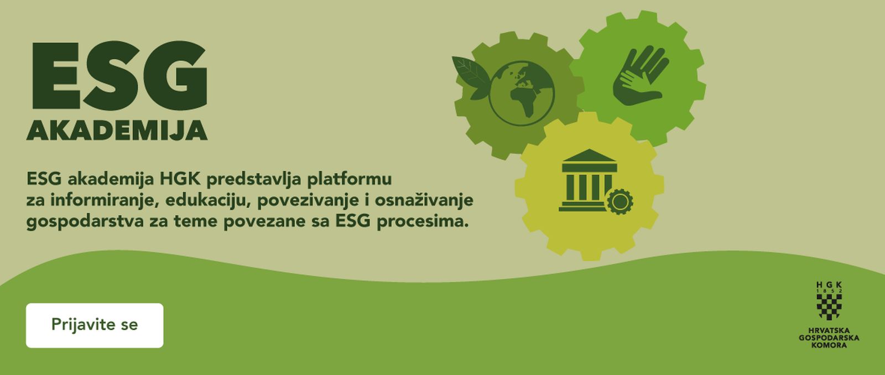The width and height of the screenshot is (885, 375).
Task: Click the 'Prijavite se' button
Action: (x=95, y=325)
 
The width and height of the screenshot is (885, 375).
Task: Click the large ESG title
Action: (x=119, y=75)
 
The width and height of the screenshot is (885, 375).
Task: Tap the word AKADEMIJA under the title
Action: (x=117, y=130)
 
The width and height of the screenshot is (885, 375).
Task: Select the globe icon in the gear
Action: (x=522, y=93)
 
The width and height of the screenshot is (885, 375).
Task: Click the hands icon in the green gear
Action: (x=639, y=75)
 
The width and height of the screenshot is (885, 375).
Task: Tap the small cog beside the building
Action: (x=619, y=201)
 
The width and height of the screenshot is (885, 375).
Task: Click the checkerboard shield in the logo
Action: (x=829, y=306)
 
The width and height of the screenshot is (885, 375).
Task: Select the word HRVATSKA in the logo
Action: (x=829, y=330)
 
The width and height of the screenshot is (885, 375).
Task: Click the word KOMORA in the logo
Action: (x=829, y=345)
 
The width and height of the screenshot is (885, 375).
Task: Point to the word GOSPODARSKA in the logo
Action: (x=829, y=338)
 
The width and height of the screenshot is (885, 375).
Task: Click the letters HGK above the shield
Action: (x=829, y=284)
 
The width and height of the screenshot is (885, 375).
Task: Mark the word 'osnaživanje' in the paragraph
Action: (x=424, y=200)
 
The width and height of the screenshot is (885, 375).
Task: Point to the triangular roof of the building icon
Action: (x=589, y=155)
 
